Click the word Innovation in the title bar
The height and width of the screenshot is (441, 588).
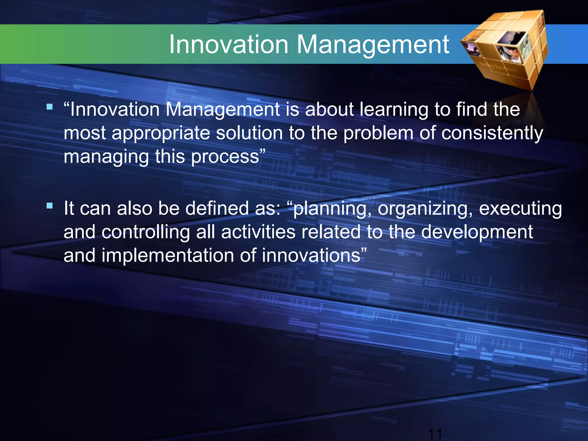tap(229, 45)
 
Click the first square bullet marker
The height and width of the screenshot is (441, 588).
tap(50, 107)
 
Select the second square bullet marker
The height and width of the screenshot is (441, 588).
tap(50, 206)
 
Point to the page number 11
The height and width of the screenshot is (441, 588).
tap(435, 434)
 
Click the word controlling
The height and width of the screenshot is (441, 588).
tap(146, 232)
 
